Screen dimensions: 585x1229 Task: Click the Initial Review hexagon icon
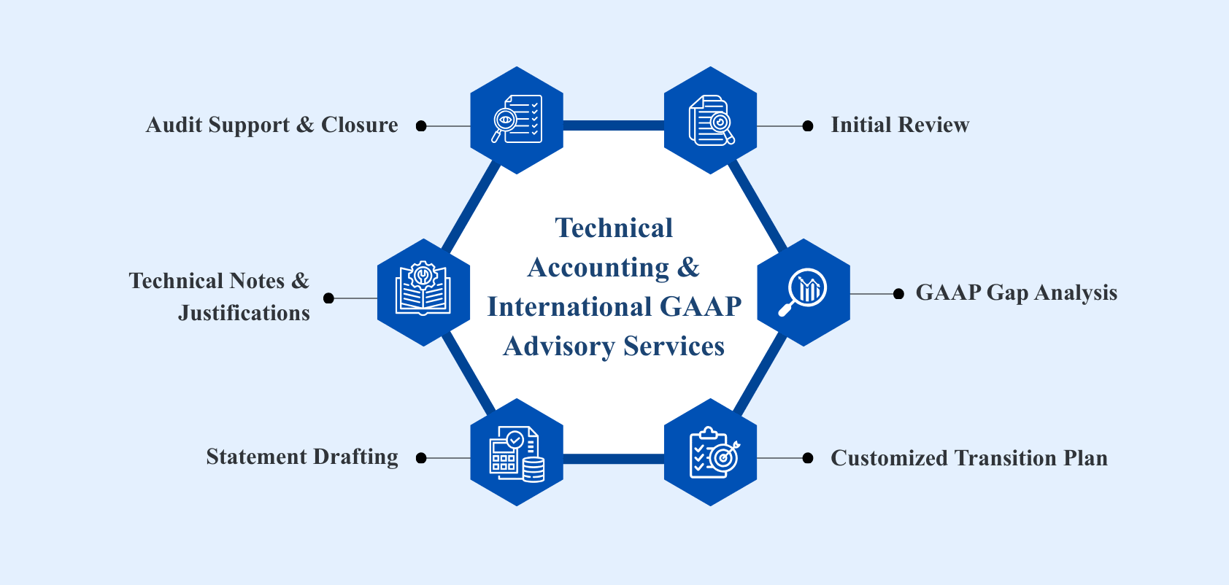click(710, 120)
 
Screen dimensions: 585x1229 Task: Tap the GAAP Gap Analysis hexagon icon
click(804, 292)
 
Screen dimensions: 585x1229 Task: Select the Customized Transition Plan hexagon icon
click(710, 452)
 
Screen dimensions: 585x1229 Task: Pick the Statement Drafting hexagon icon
click(517, 452)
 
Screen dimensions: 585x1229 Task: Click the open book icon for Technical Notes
click(423, 292)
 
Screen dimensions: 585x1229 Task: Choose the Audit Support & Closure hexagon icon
click(517, 120)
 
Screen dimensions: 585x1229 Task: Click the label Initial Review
click(900, 125)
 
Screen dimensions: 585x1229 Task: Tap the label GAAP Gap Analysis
click(1016, 293)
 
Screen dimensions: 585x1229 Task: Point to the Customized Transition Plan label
click(968, 458)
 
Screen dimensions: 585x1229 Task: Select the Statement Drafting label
click(302, 457)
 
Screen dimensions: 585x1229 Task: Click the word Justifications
click(244, 313)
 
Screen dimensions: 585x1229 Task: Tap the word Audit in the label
click(174, 125)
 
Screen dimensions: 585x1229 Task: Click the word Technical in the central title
click(614, 228)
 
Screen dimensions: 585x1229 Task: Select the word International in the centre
click(569, 307)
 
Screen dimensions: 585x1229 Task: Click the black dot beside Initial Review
click(808, 126)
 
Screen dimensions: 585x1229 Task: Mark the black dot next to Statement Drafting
click(421, 458)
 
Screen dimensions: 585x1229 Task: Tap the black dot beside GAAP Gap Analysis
click(898, 294)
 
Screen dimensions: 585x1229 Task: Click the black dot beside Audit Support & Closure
click(421, 126)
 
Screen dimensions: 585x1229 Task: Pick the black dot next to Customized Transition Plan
click(808, 458)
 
